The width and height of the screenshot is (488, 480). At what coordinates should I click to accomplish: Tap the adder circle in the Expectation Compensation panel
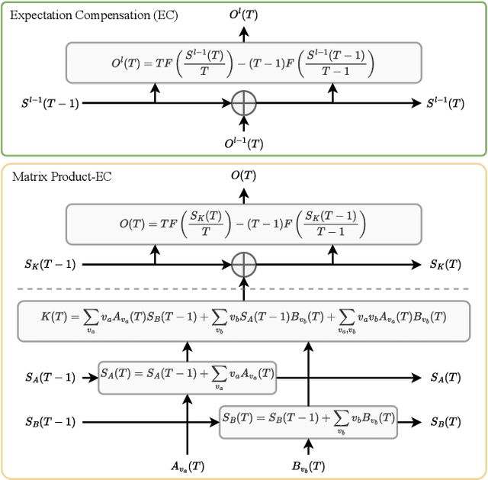tap(244, 103)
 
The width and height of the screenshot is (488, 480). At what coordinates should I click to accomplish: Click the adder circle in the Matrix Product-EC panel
tap(244, 265)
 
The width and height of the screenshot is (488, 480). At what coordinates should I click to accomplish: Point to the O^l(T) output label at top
tap(244, 13)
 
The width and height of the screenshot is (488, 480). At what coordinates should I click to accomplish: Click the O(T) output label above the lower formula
tap(244, 176)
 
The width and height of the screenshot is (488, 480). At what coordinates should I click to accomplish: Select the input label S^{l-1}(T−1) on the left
tap(49, 103)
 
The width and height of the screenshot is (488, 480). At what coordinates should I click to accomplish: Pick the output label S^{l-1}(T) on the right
tap(446, 103)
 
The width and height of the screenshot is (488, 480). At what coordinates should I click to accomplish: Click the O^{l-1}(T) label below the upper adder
tap(244, 142)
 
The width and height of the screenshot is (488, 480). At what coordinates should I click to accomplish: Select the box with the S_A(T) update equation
tap(188, 377)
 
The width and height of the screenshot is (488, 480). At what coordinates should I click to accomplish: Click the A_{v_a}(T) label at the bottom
tap(188, 466)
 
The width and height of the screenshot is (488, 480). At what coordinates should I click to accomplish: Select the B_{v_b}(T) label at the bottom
tap(308, 466)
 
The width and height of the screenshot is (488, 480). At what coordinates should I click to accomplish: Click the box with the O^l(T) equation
tap(244, 63)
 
